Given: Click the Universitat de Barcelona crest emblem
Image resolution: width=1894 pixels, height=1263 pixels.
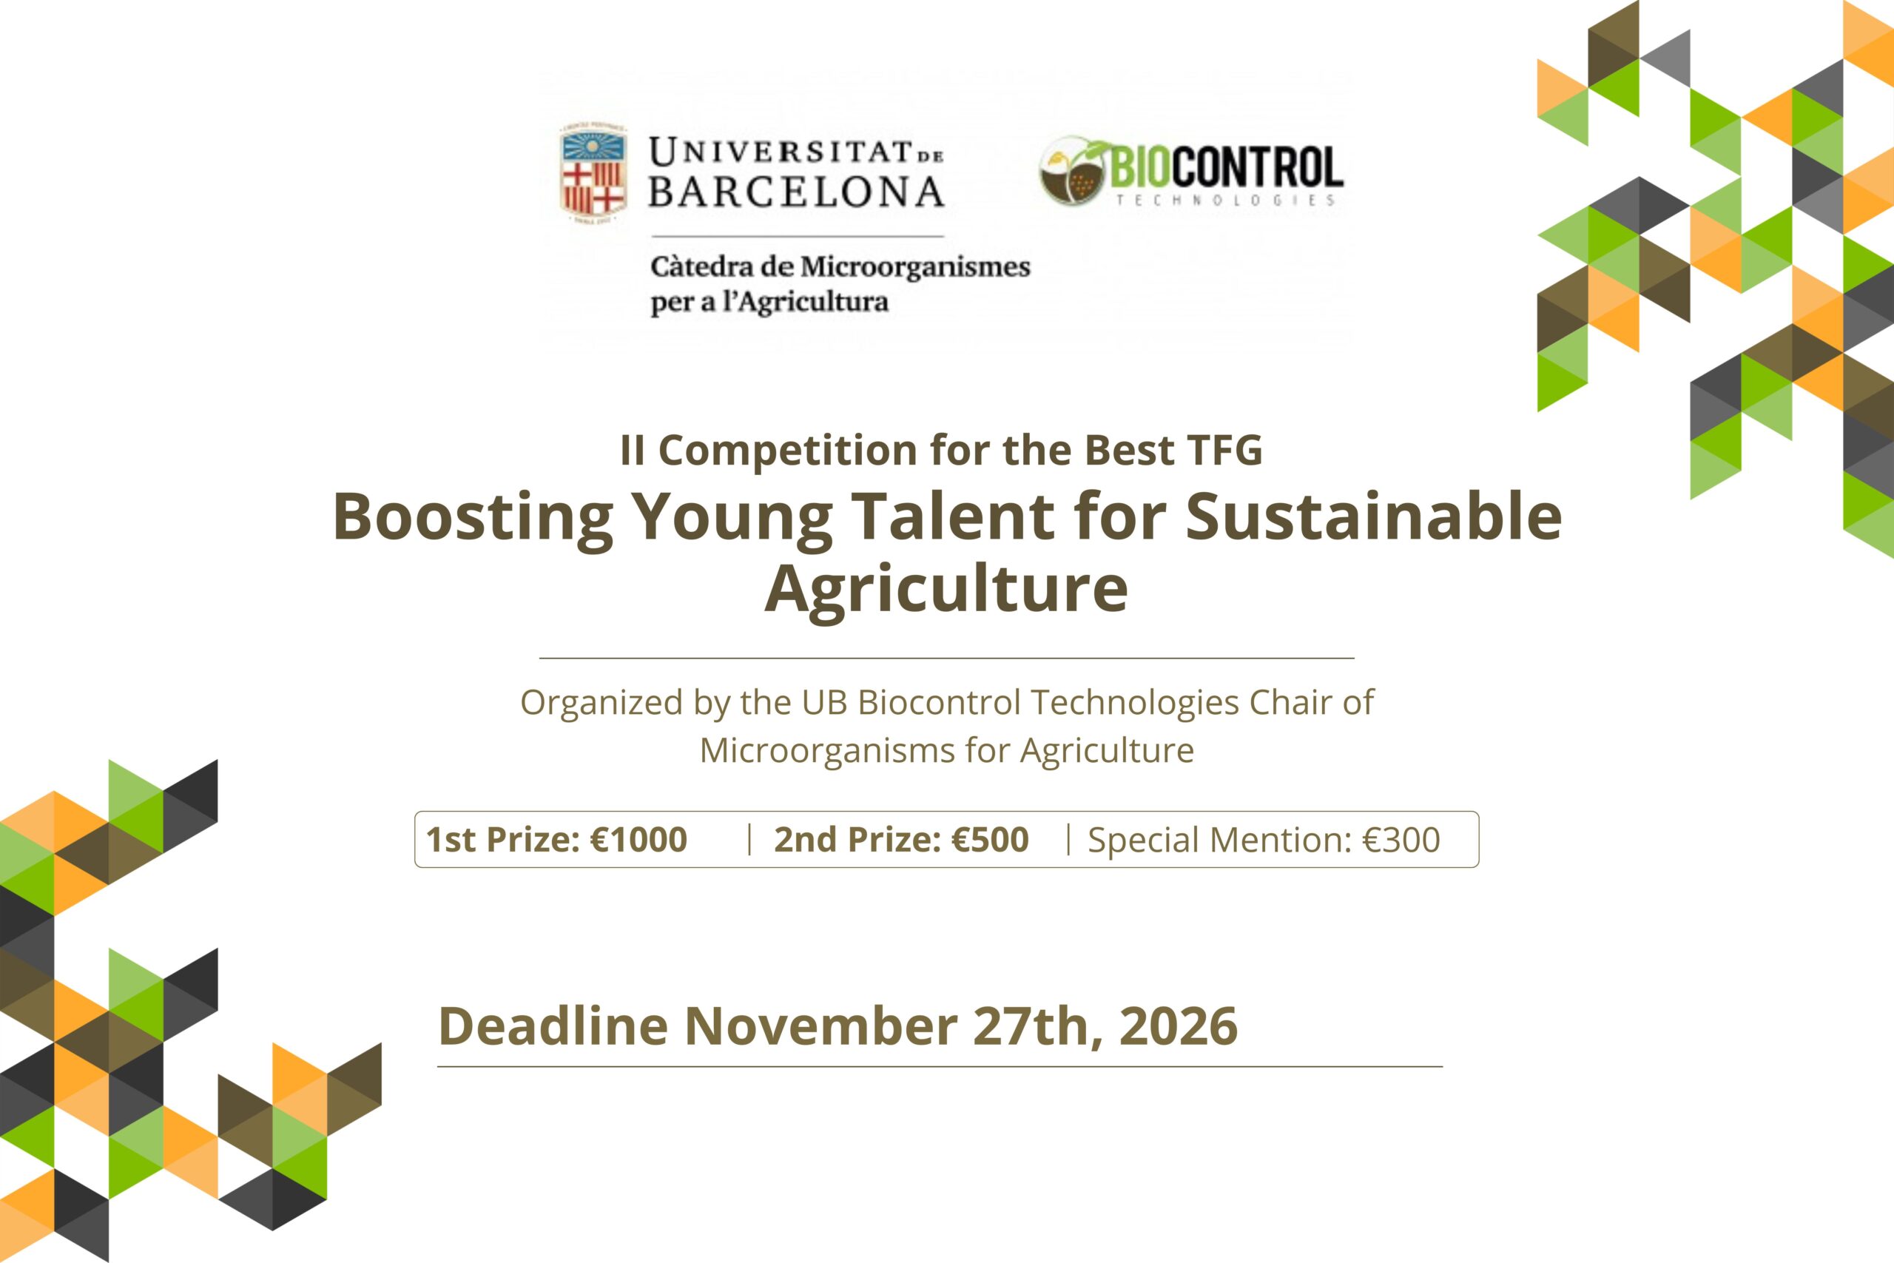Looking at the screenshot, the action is click(x=593, y=172).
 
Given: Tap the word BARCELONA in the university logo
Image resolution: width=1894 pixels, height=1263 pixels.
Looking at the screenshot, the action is click(x=796, y=192).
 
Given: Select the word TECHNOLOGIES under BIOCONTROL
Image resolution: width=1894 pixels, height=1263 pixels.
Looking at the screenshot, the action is click(x=1225, y=200).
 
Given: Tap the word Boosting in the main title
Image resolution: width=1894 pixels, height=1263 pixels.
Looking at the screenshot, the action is click(x=473, y=517).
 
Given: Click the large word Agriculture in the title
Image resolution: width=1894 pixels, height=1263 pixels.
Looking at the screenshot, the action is click(x=946, y=589).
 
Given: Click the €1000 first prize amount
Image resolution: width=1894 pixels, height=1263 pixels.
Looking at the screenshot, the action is click(x=639, y=839).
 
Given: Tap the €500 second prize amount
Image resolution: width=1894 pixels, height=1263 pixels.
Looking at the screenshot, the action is click(x=991, y=839).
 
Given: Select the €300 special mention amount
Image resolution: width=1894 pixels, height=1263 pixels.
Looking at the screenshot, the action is click(x=1401, y=840).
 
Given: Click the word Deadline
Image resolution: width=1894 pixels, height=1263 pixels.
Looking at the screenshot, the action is click(x=553, y=1025).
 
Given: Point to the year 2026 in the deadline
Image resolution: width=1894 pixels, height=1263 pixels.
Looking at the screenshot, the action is click(x=1178, y=1025).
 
